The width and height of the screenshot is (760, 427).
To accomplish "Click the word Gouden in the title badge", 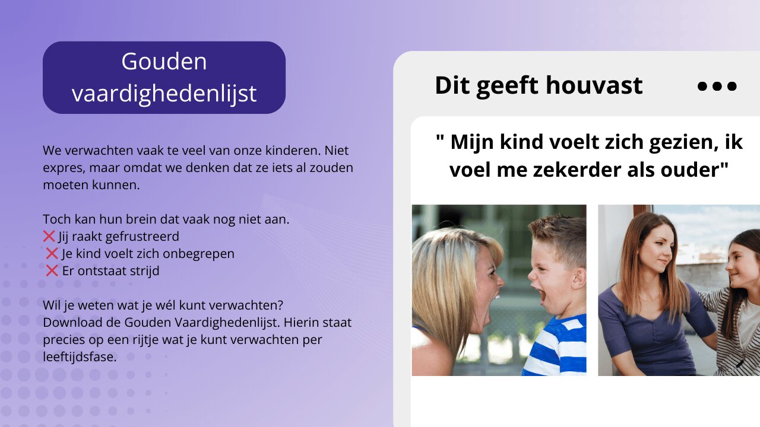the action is click(164, 61).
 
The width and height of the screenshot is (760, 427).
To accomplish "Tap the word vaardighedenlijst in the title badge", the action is click(164, 94).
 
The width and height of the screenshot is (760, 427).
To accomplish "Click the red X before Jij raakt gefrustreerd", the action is click(49, 236).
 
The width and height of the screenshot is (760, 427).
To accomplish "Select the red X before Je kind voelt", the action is click(52, 253).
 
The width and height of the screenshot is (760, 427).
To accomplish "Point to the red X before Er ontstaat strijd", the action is click(52, 271).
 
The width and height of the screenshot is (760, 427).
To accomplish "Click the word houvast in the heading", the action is click(594, 85).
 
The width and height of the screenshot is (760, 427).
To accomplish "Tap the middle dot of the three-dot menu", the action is click(717, 86).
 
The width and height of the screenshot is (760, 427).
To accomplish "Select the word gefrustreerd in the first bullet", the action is click(142, 237).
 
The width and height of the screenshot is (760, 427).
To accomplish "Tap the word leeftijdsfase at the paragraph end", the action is click(80, 357).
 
